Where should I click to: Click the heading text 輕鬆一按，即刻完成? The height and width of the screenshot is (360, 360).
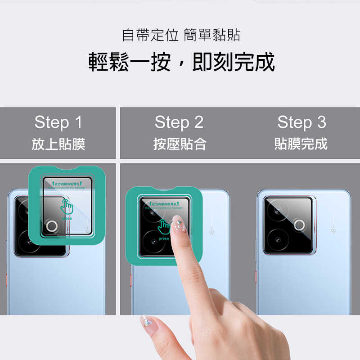point(181,62)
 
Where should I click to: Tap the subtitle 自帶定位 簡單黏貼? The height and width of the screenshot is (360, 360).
point(181,35)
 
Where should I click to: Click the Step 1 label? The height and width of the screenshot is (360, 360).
point(58,122)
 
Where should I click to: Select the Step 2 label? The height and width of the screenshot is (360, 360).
point(179,122)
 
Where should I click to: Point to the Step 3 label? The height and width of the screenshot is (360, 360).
point(301,122)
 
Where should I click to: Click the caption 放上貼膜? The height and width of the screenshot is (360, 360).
point(58,144)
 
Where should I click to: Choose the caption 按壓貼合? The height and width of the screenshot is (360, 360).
point(180,144)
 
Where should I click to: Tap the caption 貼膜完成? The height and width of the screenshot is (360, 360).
point(301,144)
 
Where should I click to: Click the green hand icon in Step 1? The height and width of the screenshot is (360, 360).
point(67,207)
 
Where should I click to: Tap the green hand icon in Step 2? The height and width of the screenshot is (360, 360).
point(164,226)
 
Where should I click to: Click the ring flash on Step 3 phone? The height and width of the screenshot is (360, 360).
point(299,225)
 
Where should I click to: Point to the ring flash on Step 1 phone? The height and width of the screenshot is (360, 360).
point(51,226)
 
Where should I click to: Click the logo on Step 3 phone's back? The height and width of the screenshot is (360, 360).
point(333,230)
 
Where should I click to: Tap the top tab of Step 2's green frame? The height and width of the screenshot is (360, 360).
point(162,190)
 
